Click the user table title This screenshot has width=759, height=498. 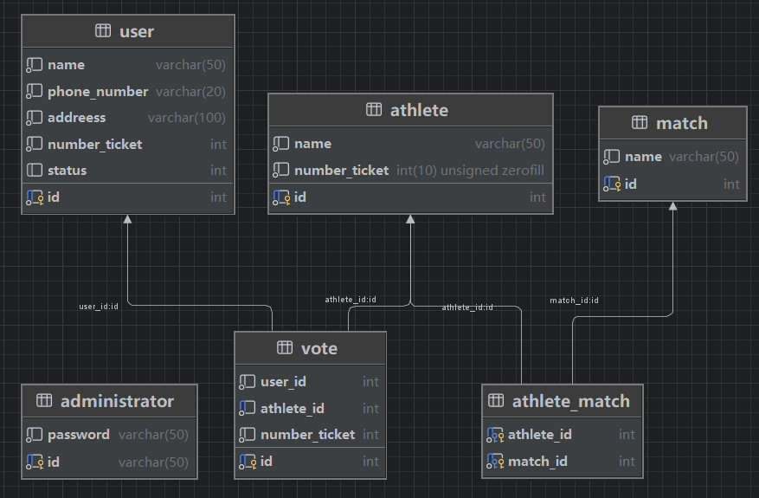click(x=136, y=31)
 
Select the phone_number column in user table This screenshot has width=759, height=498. click(x=98, y=91)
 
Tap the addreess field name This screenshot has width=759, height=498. click(x=76, y=118)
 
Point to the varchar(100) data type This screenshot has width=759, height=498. click(x=187, y=118)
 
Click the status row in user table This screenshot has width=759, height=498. click(x=68, y=171)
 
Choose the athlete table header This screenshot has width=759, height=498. click(x=419, y=110)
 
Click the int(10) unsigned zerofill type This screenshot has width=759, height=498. click(x=471, y=171)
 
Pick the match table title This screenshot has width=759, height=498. click(x=681, y=123)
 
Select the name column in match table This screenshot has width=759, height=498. click(x=643, y=157)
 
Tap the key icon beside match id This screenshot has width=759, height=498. click(x=612, y=184)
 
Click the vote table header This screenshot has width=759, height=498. click(x=318, y=348)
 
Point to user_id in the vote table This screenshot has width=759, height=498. click(x=283, y=382)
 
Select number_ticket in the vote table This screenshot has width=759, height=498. click(x=307, y=435)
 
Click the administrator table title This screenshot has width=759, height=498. click(x=117, y=401)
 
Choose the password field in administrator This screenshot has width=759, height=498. click(x=79, y=435)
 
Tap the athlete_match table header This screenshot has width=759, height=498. click(x=570, y=401)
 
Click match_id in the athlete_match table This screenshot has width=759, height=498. click(x=537, y=462)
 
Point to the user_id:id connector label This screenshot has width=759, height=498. click(x=99, y=307)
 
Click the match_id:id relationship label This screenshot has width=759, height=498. click(x=574, y=301)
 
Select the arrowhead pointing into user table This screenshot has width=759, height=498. click(x=127, y=220)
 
